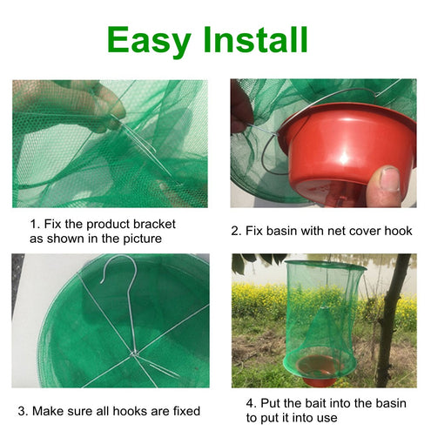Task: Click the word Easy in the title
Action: coord(149,41)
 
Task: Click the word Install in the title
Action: coord(255,39)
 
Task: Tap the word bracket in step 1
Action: coord(154,224)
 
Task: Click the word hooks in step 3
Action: coord(128,411)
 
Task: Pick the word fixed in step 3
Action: coord(186,411)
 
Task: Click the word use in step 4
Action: coord(328,418)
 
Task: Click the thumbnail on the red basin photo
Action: coord(387,179)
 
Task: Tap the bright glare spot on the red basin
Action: coord(344,159)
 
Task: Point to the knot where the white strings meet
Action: coord(134,354)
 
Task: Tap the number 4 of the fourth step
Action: coord(250,403)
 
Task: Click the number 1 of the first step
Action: coord(33,225)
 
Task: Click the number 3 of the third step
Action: coord(22,411)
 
